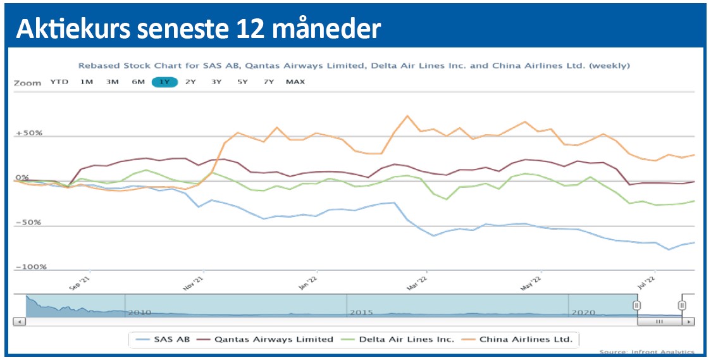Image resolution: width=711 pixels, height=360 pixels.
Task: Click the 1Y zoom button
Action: pos(164,82)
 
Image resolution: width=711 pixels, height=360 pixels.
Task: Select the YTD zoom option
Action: pos(59,82)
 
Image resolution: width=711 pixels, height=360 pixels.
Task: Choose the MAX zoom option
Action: pos(295,82)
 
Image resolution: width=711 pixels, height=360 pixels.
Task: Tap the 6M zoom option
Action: pos(138,82)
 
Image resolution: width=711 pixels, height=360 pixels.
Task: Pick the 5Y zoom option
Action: pos(242,82)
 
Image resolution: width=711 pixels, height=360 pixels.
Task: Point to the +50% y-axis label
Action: pos(28,133)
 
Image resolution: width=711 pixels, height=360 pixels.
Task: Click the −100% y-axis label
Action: pos(30,267)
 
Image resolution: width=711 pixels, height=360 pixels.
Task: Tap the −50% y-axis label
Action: pos(29,223)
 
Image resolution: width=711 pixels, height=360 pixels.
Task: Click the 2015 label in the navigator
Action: pos(361,313)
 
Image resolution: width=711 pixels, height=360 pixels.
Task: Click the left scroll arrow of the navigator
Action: pos(19,321)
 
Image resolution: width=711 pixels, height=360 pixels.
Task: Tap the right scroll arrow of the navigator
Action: pos(689,321)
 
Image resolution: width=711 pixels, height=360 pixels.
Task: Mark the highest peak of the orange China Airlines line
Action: pos(407,116)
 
